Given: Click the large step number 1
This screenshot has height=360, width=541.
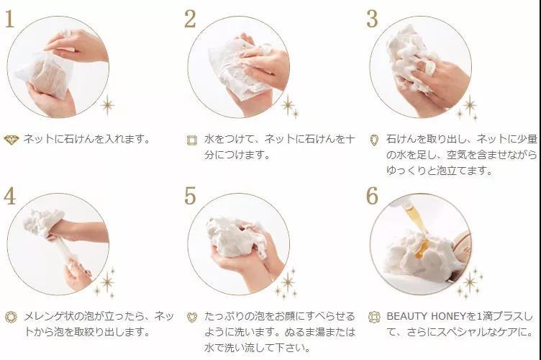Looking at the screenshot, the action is pyautogui.click(x=9, y=19).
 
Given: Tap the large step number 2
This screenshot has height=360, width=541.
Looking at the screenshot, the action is pyautogui.click(x=190, y=19).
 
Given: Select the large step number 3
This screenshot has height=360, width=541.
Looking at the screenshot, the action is pyautogui.click(x=372, y=19).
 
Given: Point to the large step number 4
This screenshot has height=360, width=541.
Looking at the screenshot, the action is pyautogui.click(x=9, y=196).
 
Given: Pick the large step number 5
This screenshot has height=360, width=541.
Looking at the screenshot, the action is pyautogui.click(x=190, y=196).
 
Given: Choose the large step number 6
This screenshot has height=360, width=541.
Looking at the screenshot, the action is pyautogui.click(x=372, y=196).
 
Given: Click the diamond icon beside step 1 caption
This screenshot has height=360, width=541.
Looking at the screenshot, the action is pyautogui.click(x=12, y=140).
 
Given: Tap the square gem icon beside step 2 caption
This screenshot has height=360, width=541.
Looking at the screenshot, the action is pyautogui.click(x=192, y=140).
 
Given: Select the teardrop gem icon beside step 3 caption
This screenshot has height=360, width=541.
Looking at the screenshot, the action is pyautogui.click(x=374, y=140).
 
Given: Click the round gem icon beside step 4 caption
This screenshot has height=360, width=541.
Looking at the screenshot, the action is pyautogui.click(x=11, y=317).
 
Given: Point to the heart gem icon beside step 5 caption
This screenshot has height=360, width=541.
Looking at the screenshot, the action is pyautogui.click(x=192, y=318).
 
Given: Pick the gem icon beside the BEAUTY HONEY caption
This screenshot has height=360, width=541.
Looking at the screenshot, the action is pyautogui.click(x=374, y=317).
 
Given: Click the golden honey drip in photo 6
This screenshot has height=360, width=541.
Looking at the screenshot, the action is pyautogui.click(x=417, y=230).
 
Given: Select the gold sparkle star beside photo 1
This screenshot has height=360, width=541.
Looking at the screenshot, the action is pyautogui.click(x=107, y=104).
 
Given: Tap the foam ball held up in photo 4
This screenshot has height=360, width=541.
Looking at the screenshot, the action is pyautogui.click(x=43, y=222).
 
